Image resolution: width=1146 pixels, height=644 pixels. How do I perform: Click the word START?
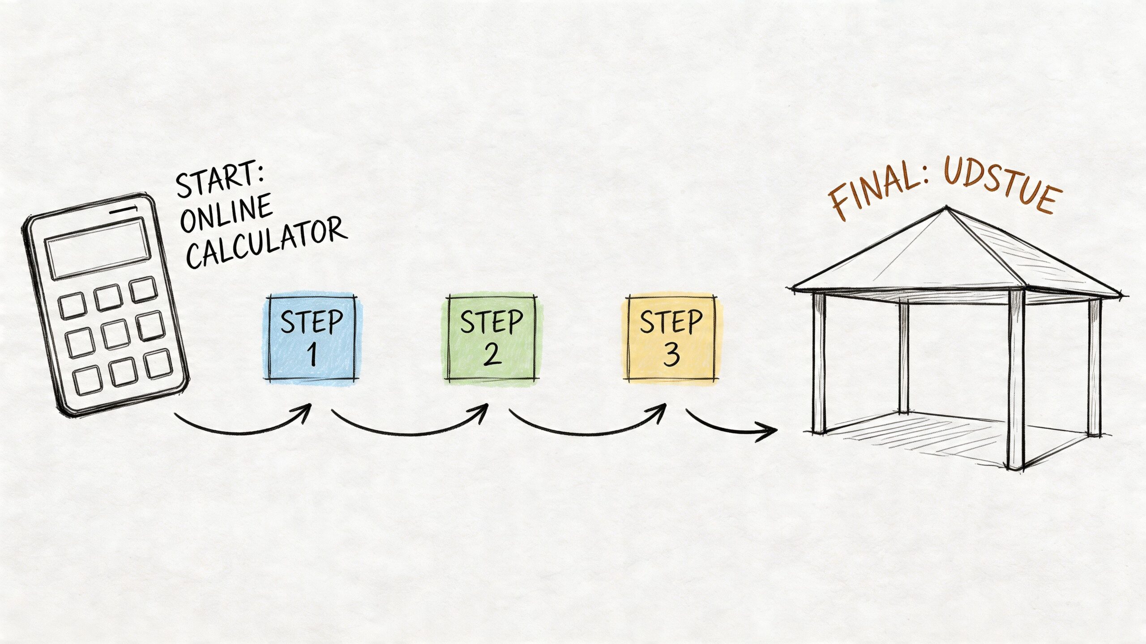(x=219, y=180)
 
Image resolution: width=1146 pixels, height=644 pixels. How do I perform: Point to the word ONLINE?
(x=227, y=214)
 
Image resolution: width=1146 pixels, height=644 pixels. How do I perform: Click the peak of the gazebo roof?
(x=946, y=207)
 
